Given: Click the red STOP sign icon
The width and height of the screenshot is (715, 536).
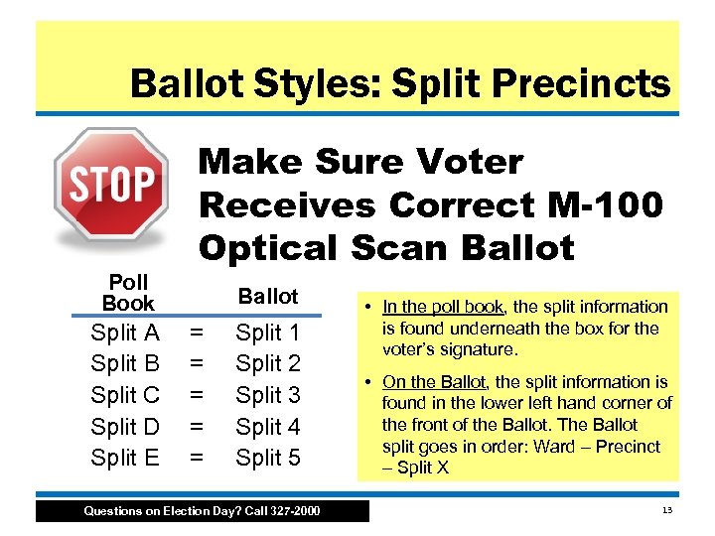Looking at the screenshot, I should pyautogui.click(x=110, y=186).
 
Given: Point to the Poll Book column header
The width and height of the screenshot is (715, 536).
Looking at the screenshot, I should pyautogui.click(x=128, y=293).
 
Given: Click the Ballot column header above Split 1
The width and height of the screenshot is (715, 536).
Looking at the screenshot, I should pyautogui.click(x=268, y=296).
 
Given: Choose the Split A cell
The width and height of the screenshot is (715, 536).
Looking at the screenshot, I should pyautogui.click(x=125, y=333).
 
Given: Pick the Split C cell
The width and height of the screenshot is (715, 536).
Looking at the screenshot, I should pyautogui.click(x=125, y=395).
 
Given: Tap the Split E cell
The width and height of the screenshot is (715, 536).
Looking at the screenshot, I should pyautogui.click(x=125, y=458).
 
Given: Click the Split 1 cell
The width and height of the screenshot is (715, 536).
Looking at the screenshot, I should pyautogui.click(x=268, y=333).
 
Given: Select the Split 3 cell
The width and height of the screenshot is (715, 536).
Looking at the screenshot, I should pyautogui.click(x=268, y=395).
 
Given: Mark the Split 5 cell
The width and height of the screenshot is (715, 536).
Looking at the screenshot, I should pyautogui.click(x=268, y=458).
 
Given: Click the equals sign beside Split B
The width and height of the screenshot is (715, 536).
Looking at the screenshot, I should pyautogui.click(x=198, y=363).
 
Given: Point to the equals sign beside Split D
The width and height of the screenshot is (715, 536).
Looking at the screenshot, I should pyautogui.click(x=198, y=426).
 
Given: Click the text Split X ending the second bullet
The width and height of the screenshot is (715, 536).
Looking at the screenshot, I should pyautogui.click(x=421, y=467).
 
